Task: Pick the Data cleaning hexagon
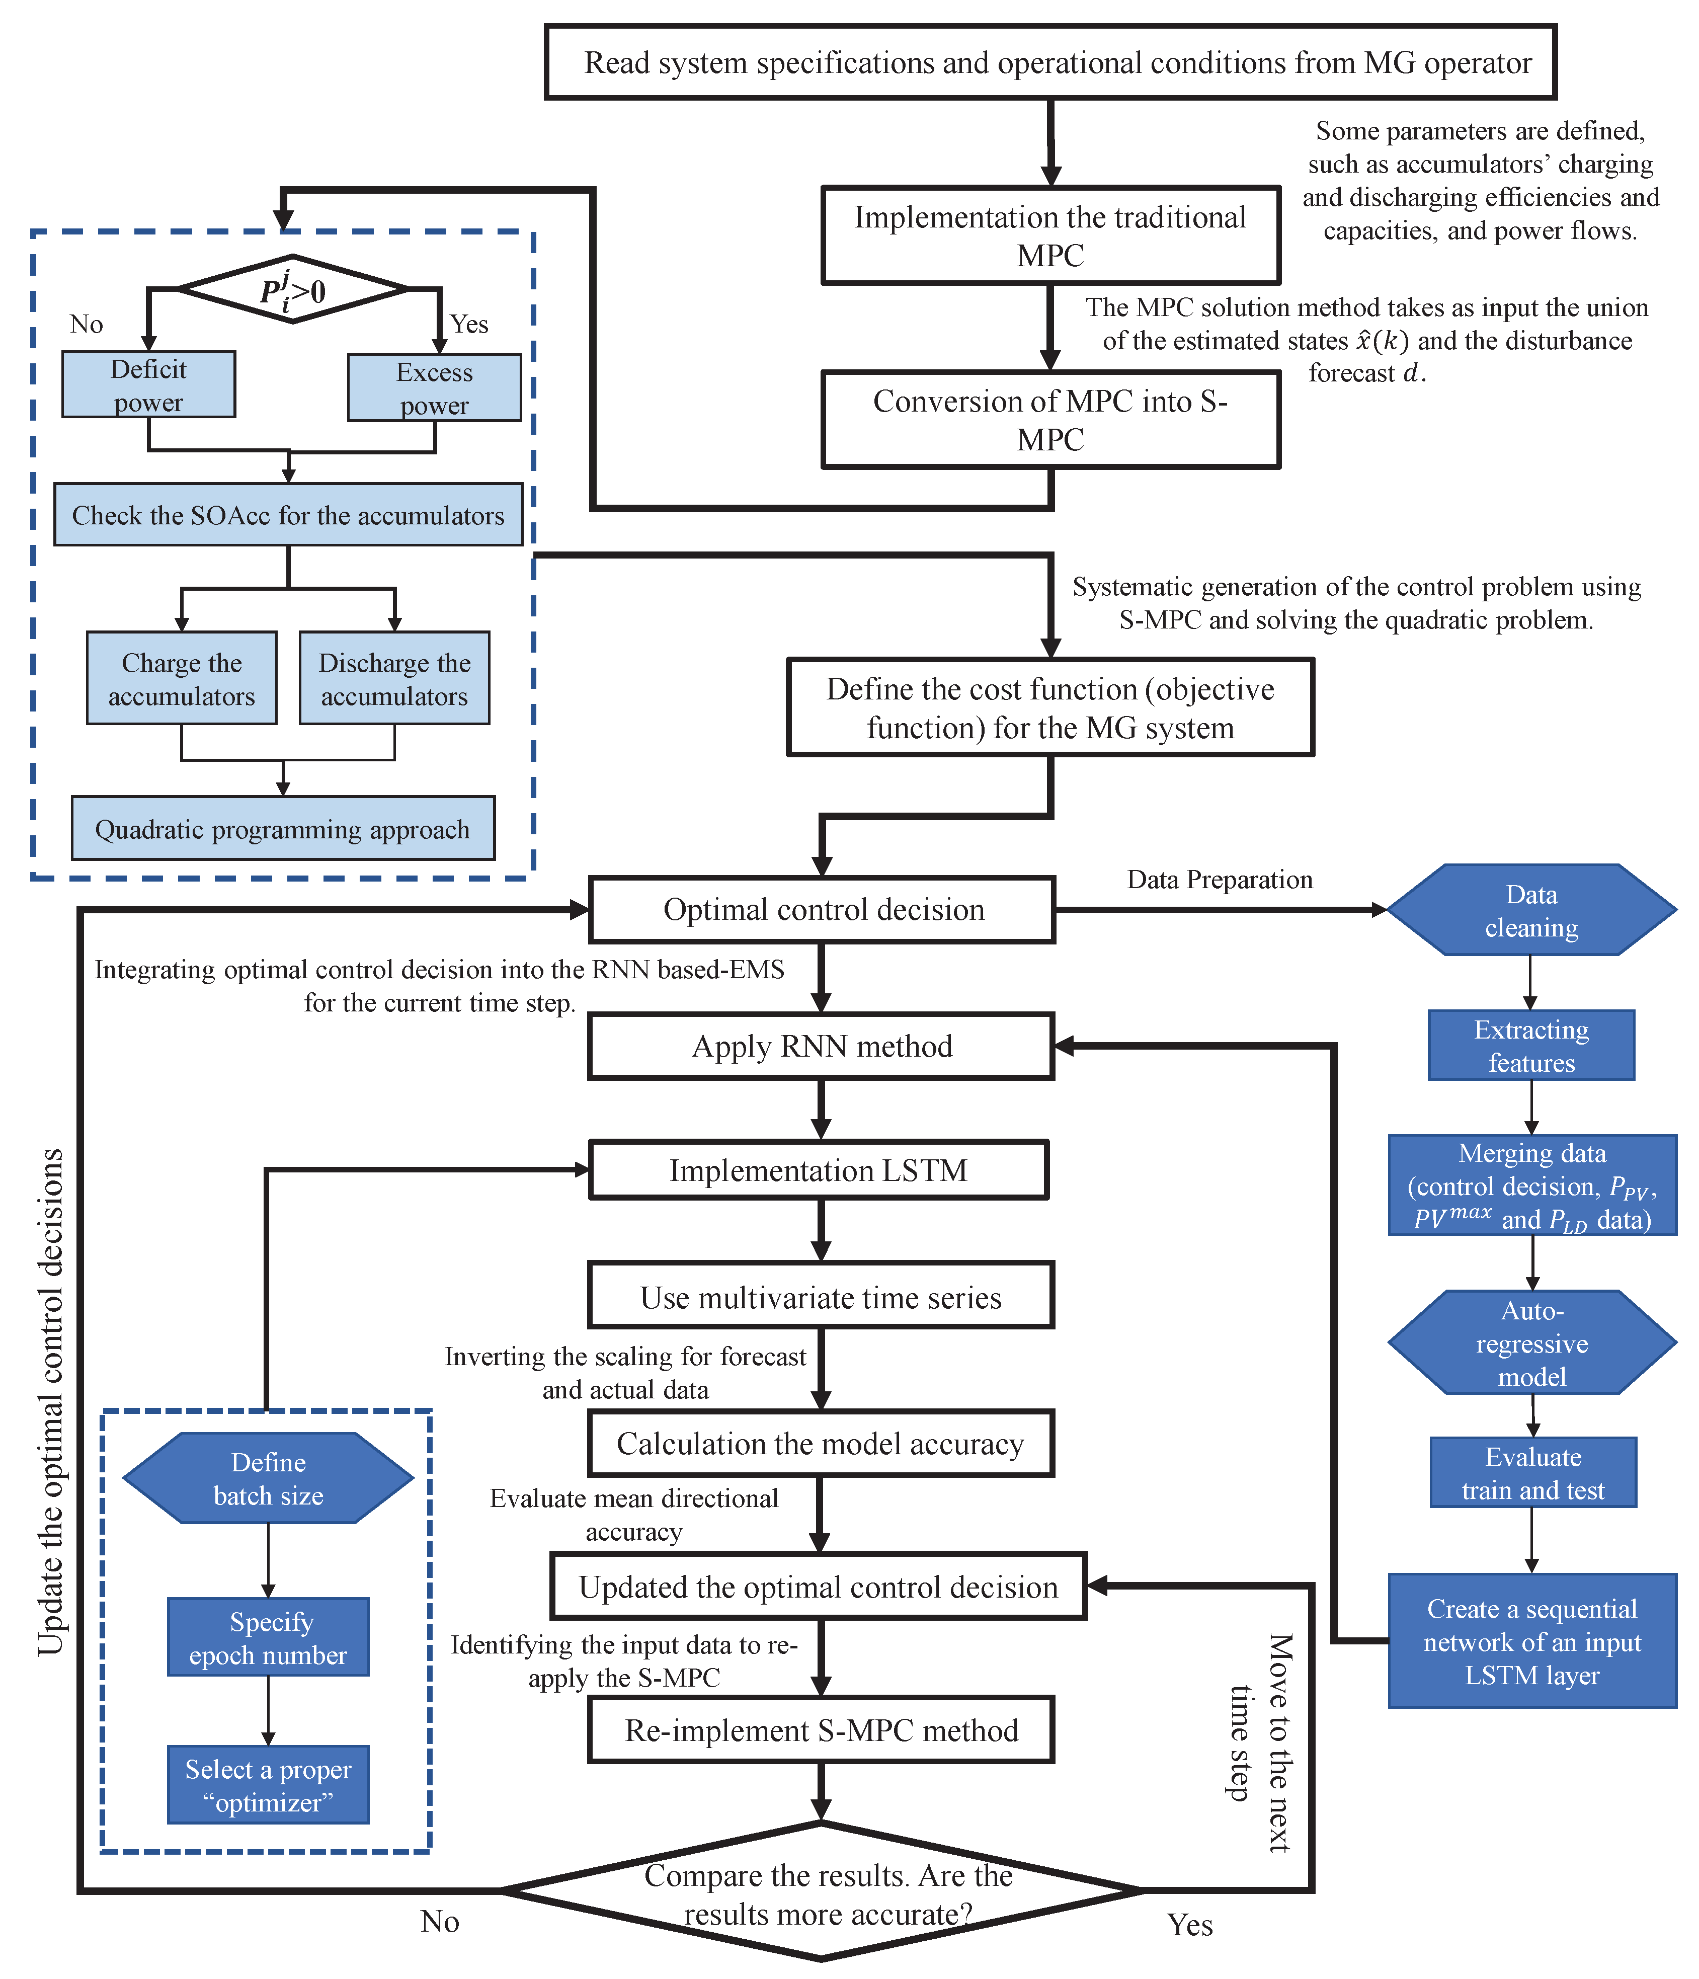point(1531,910)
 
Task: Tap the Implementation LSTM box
point(819,1170)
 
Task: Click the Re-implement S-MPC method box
point(822,1730)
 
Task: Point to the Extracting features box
point(1531,1046)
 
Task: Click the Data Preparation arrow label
point(1220,880)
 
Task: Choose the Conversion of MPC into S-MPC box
point(1050,420)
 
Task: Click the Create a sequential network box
point(1532,1641)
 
